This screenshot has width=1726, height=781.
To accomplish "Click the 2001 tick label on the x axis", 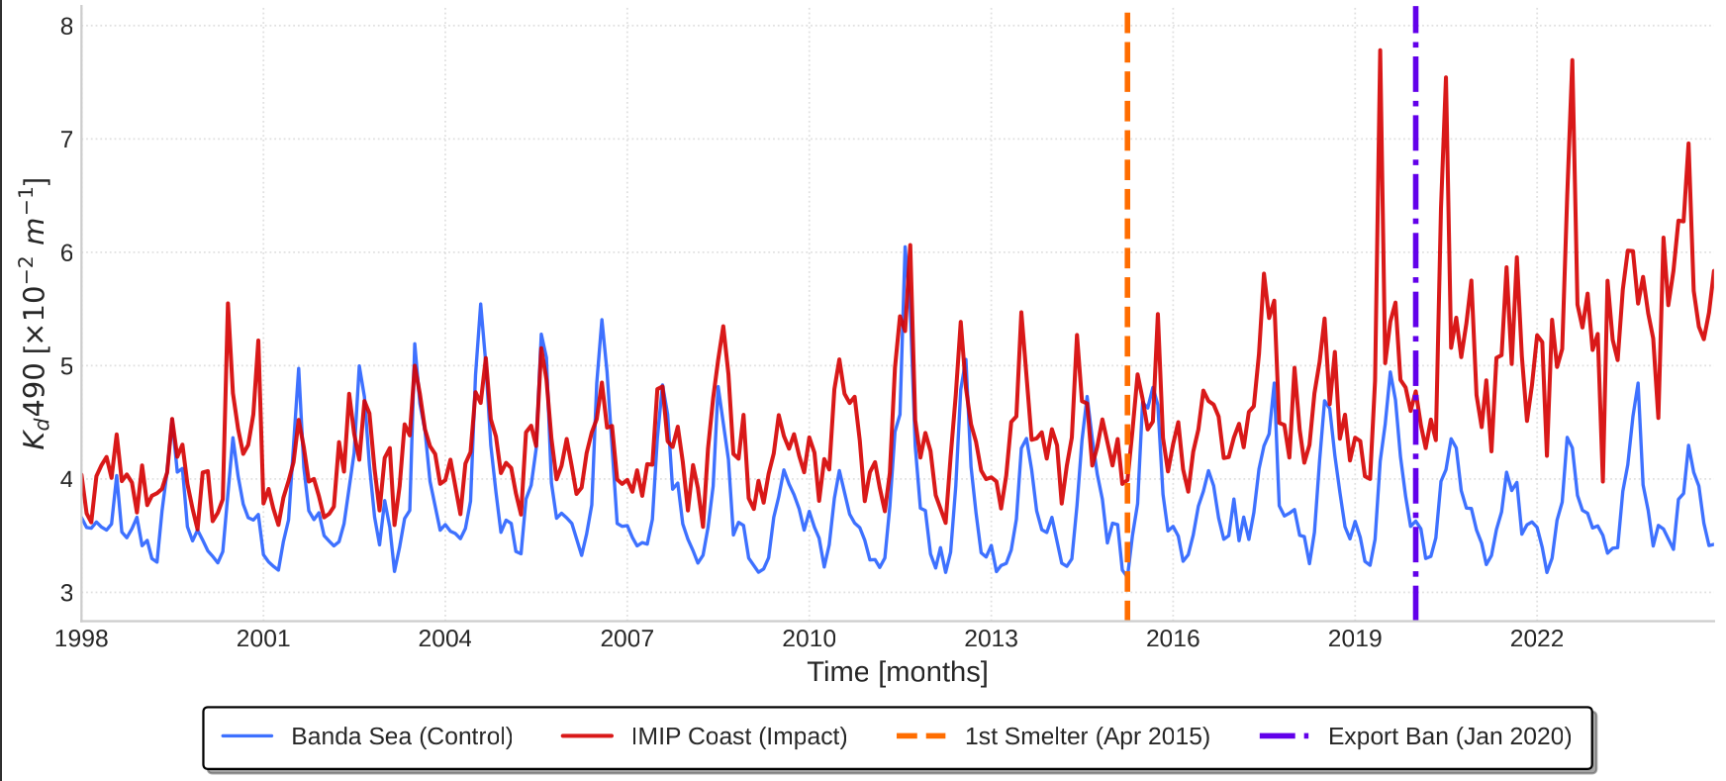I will [x=262, y=638].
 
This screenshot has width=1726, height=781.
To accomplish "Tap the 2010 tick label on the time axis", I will [x=809, y=638].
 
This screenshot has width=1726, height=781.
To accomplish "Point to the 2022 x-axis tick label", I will [x=1536, y=638].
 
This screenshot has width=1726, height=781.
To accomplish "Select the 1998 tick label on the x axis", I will [x=81, y=638].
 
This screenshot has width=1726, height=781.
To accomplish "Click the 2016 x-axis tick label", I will [x=1173, y=638].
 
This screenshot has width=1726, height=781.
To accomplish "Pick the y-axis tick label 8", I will [x=66, y=27].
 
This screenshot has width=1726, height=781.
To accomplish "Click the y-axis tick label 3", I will [x=66, y=593].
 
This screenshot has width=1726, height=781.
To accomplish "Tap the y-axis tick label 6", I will [x=66, y=253].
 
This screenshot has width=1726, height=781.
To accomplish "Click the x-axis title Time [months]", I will [x=897, y=672].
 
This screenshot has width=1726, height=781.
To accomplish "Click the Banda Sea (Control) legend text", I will [x=402, y=736].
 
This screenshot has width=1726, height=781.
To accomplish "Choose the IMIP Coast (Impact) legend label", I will [x=739, y=736].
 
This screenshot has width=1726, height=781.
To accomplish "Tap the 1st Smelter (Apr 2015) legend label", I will [x=1087, y=736].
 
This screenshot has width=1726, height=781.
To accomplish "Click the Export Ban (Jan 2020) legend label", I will [x=1449, y=736].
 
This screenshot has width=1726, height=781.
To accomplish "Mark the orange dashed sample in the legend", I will [x=921, y=736].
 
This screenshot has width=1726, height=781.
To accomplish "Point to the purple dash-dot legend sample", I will [x=1285, y=736].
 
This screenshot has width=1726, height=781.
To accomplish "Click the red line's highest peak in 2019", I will [x=1380, y=50].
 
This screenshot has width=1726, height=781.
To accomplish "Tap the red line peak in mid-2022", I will [x=1572, y=60].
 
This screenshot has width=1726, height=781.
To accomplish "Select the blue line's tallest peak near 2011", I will [x=905, y=247].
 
